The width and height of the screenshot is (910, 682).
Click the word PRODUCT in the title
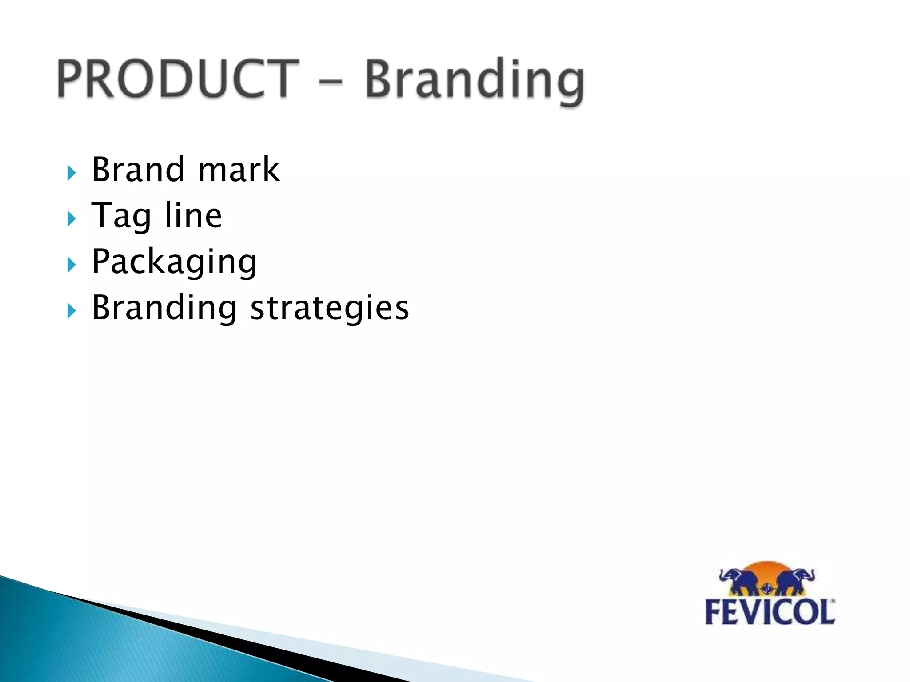[178, 79]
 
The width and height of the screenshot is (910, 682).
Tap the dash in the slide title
[331, 81]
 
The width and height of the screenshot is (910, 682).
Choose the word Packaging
[174, 262]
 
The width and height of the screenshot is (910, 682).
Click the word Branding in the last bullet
[164, 308]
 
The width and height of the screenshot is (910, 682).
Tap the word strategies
[330, 308]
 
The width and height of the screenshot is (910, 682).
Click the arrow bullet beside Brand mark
[72, 173]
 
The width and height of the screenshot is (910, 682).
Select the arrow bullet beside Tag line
[72, 219]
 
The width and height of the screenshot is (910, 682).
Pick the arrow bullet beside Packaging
[72, 265]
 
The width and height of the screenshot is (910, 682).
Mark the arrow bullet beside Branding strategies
[72, 311]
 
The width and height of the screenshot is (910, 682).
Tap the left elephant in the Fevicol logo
[739, 581]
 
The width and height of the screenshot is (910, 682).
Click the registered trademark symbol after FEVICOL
[832, 602]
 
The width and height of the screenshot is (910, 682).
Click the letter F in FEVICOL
[714, 613]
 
